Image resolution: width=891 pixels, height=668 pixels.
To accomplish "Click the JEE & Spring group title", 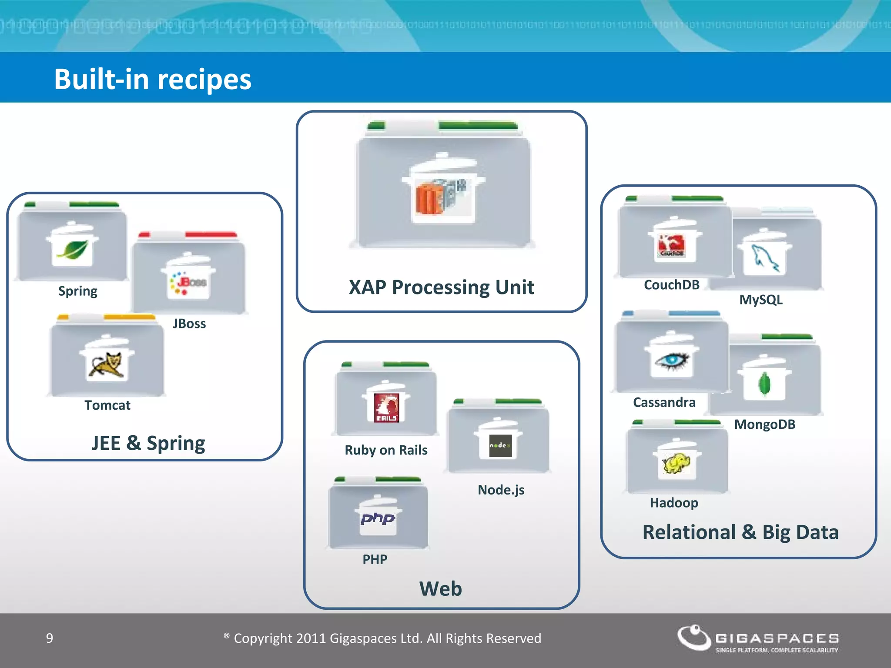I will tap(148, 443).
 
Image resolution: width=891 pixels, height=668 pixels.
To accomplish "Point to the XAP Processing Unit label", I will tap(441, 287).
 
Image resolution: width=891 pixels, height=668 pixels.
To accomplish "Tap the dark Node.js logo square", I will tap(500, 446).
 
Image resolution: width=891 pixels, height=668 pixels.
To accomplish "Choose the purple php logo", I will tap(378, 518).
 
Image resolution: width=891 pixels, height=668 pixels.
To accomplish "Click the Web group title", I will tap(440, 589).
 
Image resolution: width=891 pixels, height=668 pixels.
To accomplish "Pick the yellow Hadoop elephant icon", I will tap(676, 464).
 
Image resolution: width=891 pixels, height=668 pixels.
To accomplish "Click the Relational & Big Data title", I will tap(740, 532).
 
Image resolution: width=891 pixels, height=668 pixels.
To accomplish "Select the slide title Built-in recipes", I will tap(153, 79).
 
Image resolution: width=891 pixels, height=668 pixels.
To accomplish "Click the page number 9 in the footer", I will tap(50, 638).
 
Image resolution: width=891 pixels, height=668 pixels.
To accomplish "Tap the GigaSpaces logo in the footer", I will tap(757, 639).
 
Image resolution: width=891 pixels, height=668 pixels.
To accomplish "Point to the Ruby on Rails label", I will tap(386, 450).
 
